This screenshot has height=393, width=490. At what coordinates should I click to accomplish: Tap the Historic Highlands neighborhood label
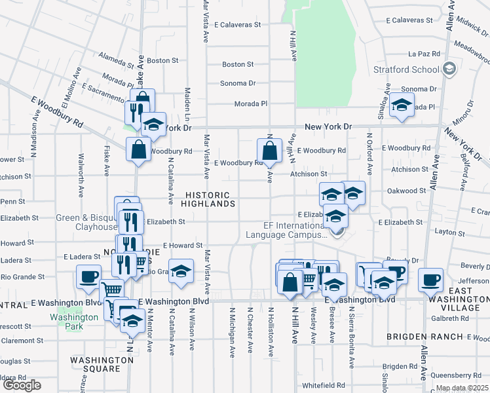click(208, 199)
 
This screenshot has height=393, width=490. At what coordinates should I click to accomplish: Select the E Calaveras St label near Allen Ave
click(409, 20)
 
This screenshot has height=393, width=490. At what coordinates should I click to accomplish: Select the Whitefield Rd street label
click(323, 385)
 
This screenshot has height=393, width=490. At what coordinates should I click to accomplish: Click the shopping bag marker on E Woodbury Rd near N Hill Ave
click(269, 151)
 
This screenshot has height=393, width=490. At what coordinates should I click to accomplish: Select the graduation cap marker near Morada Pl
click(401, 106)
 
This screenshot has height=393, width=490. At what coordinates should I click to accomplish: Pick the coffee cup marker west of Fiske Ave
click(88, 276)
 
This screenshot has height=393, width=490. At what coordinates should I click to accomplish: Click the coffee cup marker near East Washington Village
click(430, 280)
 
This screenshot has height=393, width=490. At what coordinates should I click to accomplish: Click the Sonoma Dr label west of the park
click(238, 83)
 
